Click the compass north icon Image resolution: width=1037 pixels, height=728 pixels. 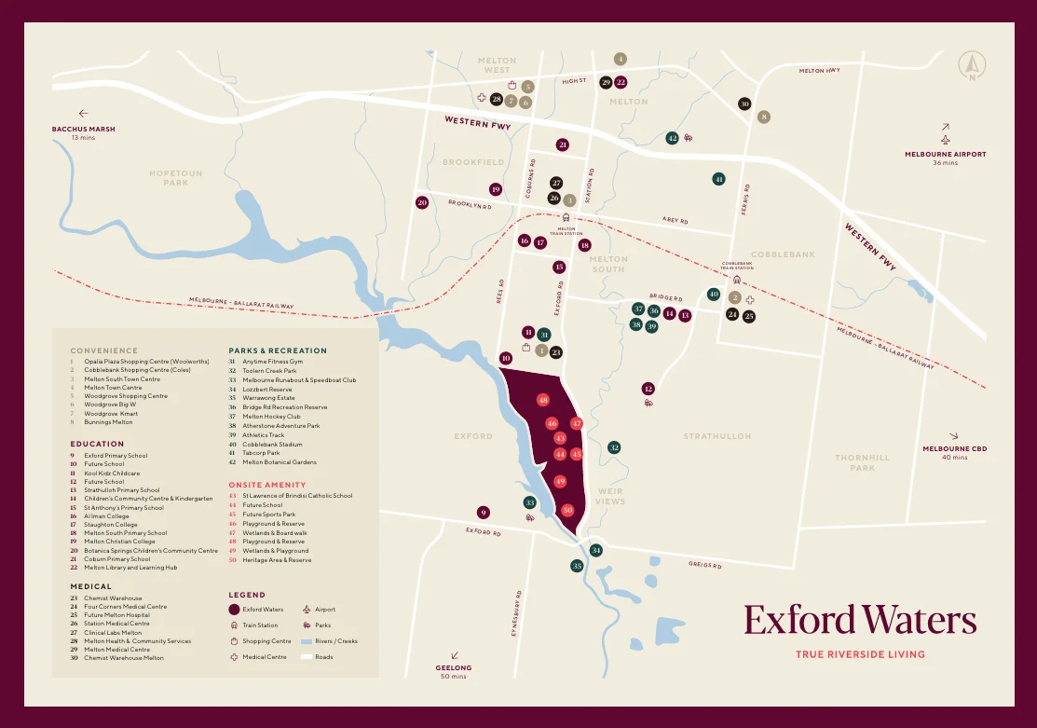pyautogui.click(x=972, y=65)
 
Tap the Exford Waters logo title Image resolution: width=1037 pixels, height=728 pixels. pyautogui.click(x=860, y=620)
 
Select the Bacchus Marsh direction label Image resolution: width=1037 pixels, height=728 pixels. pyautogui.click(x=83, y=129)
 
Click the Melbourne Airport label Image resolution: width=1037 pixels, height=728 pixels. pyautogui.click(x=945, y=155)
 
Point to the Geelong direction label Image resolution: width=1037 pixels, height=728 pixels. pyautogui.click(x=454, y=668)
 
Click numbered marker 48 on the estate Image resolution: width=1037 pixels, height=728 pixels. pyautogui.click(x=543, y=400)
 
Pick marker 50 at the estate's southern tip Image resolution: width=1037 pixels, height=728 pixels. pyautogui.click(x=567, y=510)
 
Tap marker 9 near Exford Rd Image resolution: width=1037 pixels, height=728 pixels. pyautogui.click(x=483, y=512)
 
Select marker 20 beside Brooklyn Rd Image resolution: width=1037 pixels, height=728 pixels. pyautogui.click(x=422, y=202)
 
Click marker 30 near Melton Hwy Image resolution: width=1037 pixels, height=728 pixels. pyautogui.click(x=744, y=104)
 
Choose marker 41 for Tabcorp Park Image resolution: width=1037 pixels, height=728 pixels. pyautogui.click(x=718, y=179)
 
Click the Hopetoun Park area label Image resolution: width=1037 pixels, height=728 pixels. pyautogui.click(x=175, y=177)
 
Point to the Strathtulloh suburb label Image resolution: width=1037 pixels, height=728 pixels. pyautogui.click(x=716, y=436)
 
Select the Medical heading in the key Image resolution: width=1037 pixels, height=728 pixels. pyautogui.click(x=91, y=587)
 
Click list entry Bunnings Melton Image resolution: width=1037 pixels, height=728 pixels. pyautogui.click(x=109, y=422)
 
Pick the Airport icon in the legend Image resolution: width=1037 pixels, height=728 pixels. pyautogui.click(x=306, y=610)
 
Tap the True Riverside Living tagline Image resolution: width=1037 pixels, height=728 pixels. pyautogui.click(x=860, y=654)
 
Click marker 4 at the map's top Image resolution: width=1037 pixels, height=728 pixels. pyautogui.click(x=621, y=59)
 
